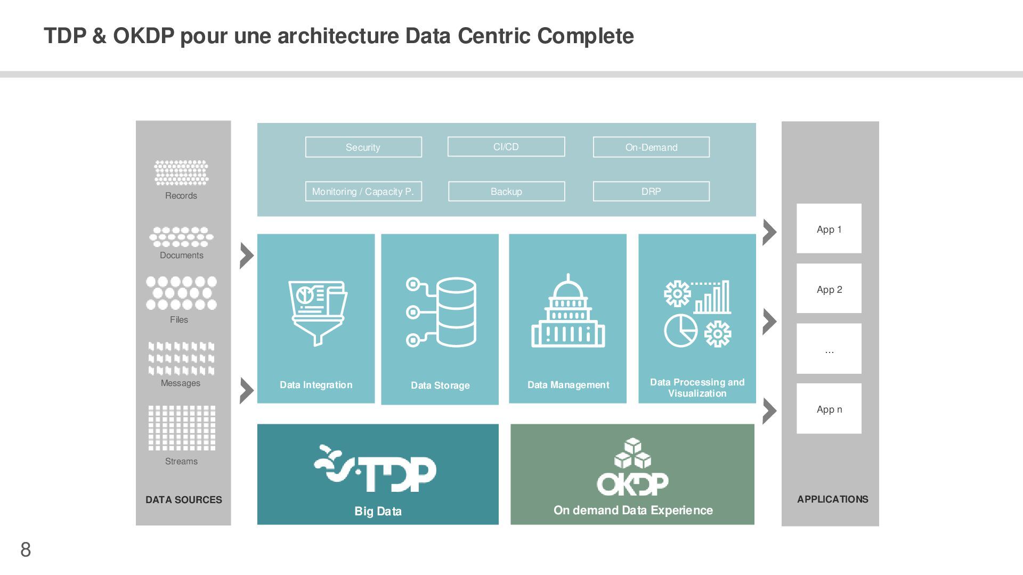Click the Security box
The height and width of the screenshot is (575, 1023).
point(363,147)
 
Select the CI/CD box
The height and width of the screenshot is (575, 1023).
point(506,146)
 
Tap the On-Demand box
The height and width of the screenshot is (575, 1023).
point(651,147)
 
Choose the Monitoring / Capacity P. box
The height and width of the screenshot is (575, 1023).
point(363,191)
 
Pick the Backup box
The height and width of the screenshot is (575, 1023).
point(506,191)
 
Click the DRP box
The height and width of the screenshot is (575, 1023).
point(651,191)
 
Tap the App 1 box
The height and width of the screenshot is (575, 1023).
point(829,228)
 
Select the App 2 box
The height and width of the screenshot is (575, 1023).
point(829,289)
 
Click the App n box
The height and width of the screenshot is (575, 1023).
point(829,408)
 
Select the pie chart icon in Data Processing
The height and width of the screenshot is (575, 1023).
point(680,330)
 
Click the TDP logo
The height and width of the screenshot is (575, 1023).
point(376,469)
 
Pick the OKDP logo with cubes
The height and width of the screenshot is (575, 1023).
point(632,467)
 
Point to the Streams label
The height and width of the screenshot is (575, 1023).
point(181,461)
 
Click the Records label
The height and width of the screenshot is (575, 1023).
point(181,195)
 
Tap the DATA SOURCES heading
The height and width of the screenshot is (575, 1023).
point(184,499)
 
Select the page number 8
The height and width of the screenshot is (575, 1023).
point(26,549)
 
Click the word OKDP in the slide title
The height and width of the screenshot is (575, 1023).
point(143,36)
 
